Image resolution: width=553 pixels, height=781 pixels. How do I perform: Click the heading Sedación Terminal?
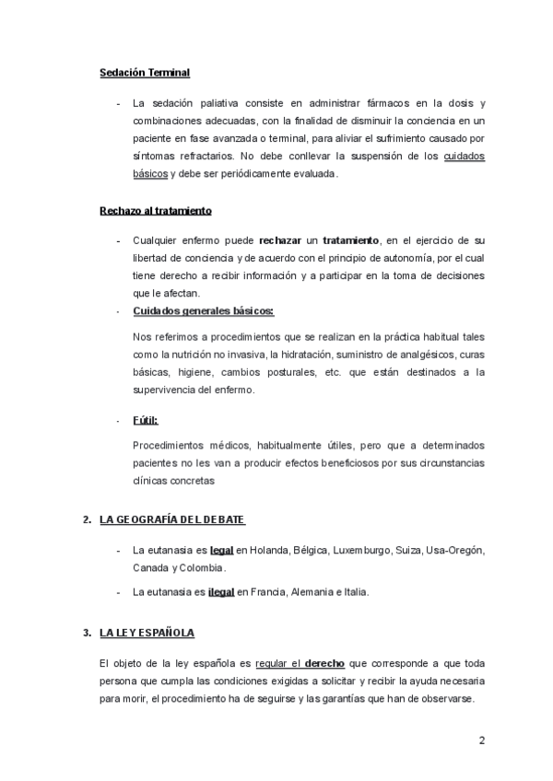(x=145, y=73)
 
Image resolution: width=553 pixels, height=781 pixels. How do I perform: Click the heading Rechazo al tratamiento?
(x=156, y=211)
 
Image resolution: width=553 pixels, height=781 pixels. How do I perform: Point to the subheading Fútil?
(x=145, y=420)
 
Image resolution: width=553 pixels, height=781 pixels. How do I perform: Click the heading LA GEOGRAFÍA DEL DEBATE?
(x=172, y=520)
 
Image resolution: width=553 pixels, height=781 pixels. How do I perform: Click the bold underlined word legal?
(x=222, y=550)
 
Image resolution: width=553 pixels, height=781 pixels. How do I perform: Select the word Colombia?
(x=200, y=567)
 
